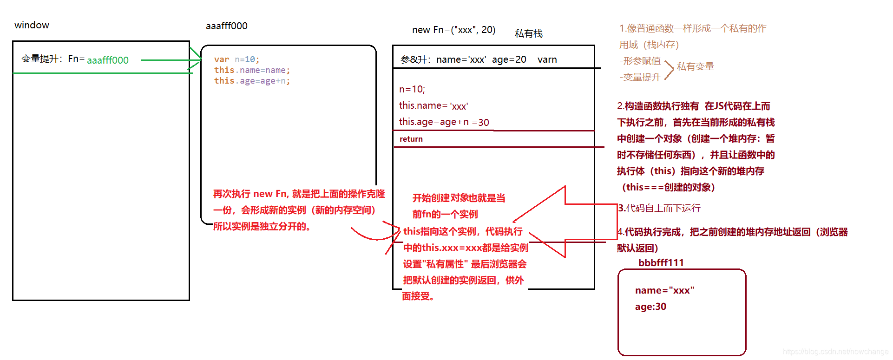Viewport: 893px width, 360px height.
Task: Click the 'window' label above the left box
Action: [32, 25]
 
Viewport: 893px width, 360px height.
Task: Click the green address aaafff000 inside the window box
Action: [107, 60]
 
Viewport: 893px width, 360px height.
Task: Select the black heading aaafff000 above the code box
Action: [226, 26]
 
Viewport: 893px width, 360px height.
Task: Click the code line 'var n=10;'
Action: [236, 59]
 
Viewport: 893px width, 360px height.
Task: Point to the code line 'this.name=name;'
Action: [252, 70]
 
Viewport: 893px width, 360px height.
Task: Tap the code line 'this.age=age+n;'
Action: [252, 81]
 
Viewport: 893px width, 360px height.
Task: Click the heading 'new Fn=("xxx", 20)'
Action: [453, 30]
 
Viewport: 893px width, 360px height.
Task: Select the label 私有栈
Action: [528, 33]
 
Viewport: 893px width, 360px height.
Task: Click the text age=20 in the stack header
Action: [509, 59]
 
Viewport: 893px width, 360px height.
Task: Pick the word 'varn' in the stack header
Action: [547, 59]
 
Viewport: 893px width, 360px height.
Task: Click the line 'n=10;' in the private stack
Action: [412, 89]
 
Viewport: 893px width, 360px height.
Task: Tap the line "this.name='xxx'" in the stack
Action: [433, 106]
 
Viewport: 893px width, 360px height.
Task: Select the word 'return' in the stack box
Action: [411, 139]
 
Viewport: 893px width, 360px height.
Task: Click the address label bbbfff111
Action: [661, 263]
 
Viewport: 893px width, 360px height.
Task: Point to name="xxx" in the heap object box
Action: [664, 290]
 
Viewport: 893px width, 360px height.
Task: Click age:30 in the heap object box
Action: [650, 307]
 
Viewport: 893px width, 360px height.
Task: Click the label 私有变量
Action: [695, 66]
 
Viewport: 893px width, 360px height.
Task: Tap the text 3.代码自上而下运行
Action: [659, 208]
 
